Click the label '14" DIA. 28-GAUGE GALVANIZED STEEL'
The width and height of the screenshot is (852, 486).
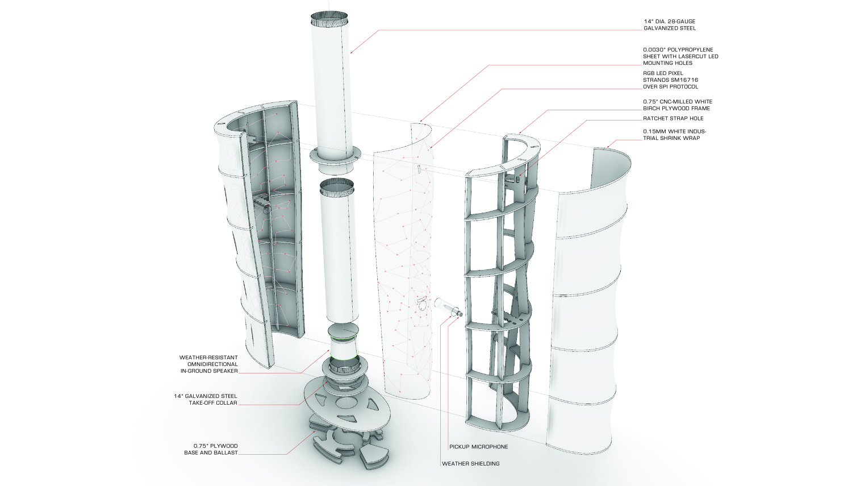coord(669,25)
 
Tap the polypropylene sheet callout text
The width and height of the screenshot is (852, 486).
coord(680,56)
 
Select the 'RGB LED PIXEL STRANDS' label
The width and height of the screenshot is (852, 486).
coord(670,80)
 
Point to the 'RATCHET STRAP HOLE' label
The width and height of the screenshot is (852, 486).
coord(673,119)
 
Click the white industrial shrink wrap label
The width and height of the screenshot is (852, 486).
coord(675,135)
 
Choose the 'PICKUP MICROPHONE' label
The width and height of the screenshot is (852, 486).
coord(478,447)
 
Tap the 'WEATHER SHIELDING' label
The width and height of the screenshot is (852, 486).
coord(470,464)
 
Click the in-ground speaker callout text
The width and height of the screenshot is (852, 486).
coord(208,364)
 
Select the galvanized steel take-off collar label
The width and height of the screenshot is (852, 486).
coord(205,400)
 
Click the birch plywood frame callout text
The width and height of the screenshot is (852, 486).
coord(676,105)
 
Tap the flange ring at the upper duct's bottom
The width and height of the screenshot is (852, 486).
coord(335,154)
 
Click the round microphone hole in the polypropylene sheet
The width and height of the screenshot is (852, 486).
coord(422,306)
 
